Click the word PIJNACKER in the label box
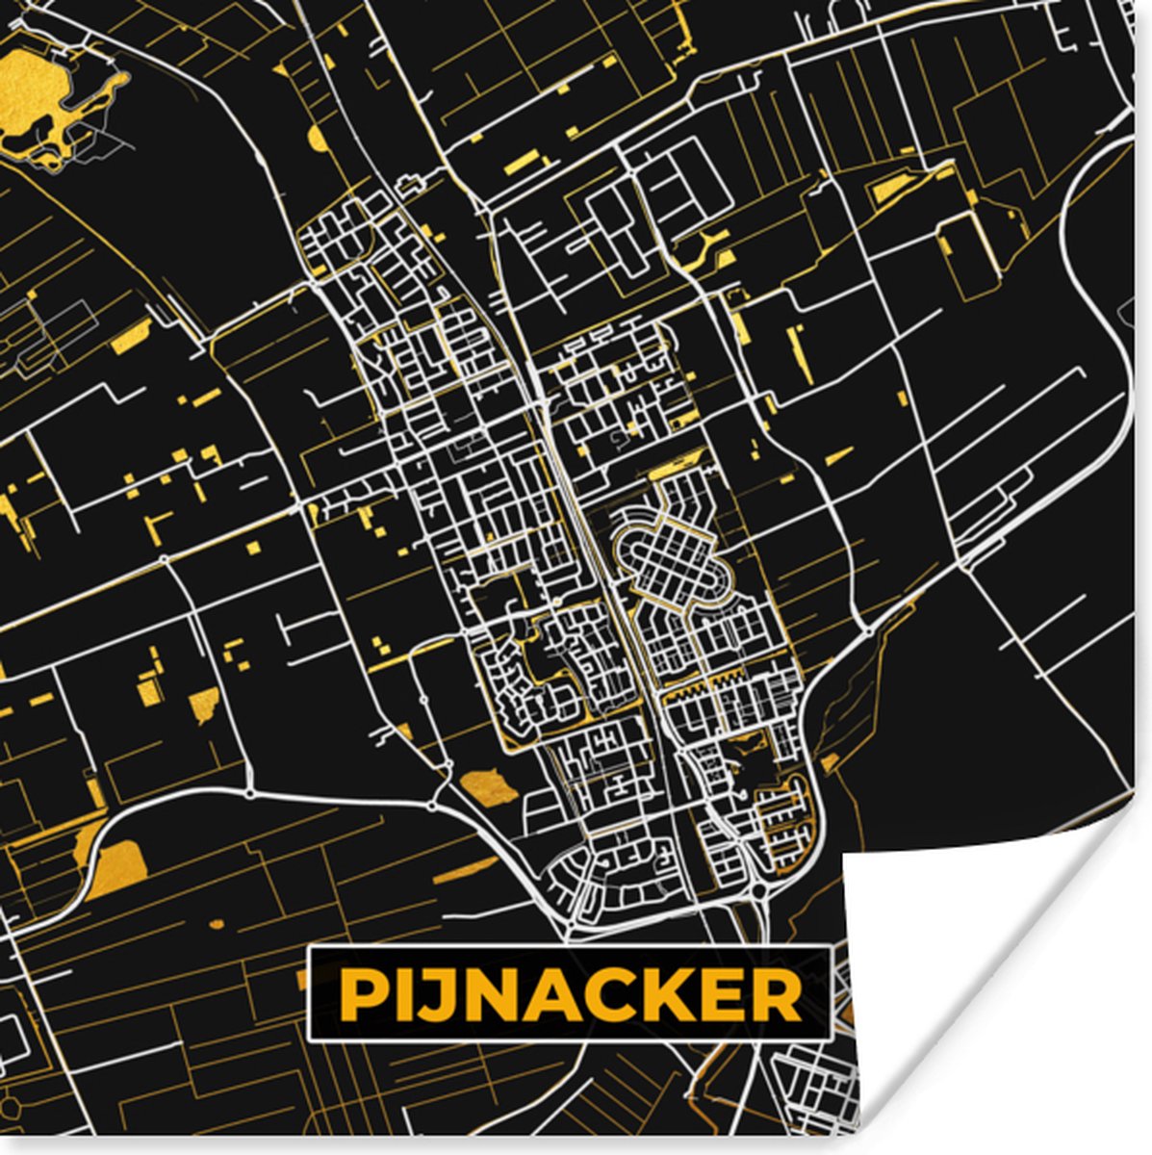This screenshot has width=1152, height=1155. coord(570,994)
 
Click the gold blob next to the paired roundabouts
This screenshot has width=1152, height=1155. coord(487,784)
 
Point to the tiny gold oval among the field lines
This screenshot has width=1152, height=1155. coord(217,924)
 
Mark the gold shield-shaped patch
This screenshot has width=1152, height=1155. coord(203,704)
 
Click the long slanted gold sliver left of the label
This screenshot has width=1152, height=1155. coord(467,871)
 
